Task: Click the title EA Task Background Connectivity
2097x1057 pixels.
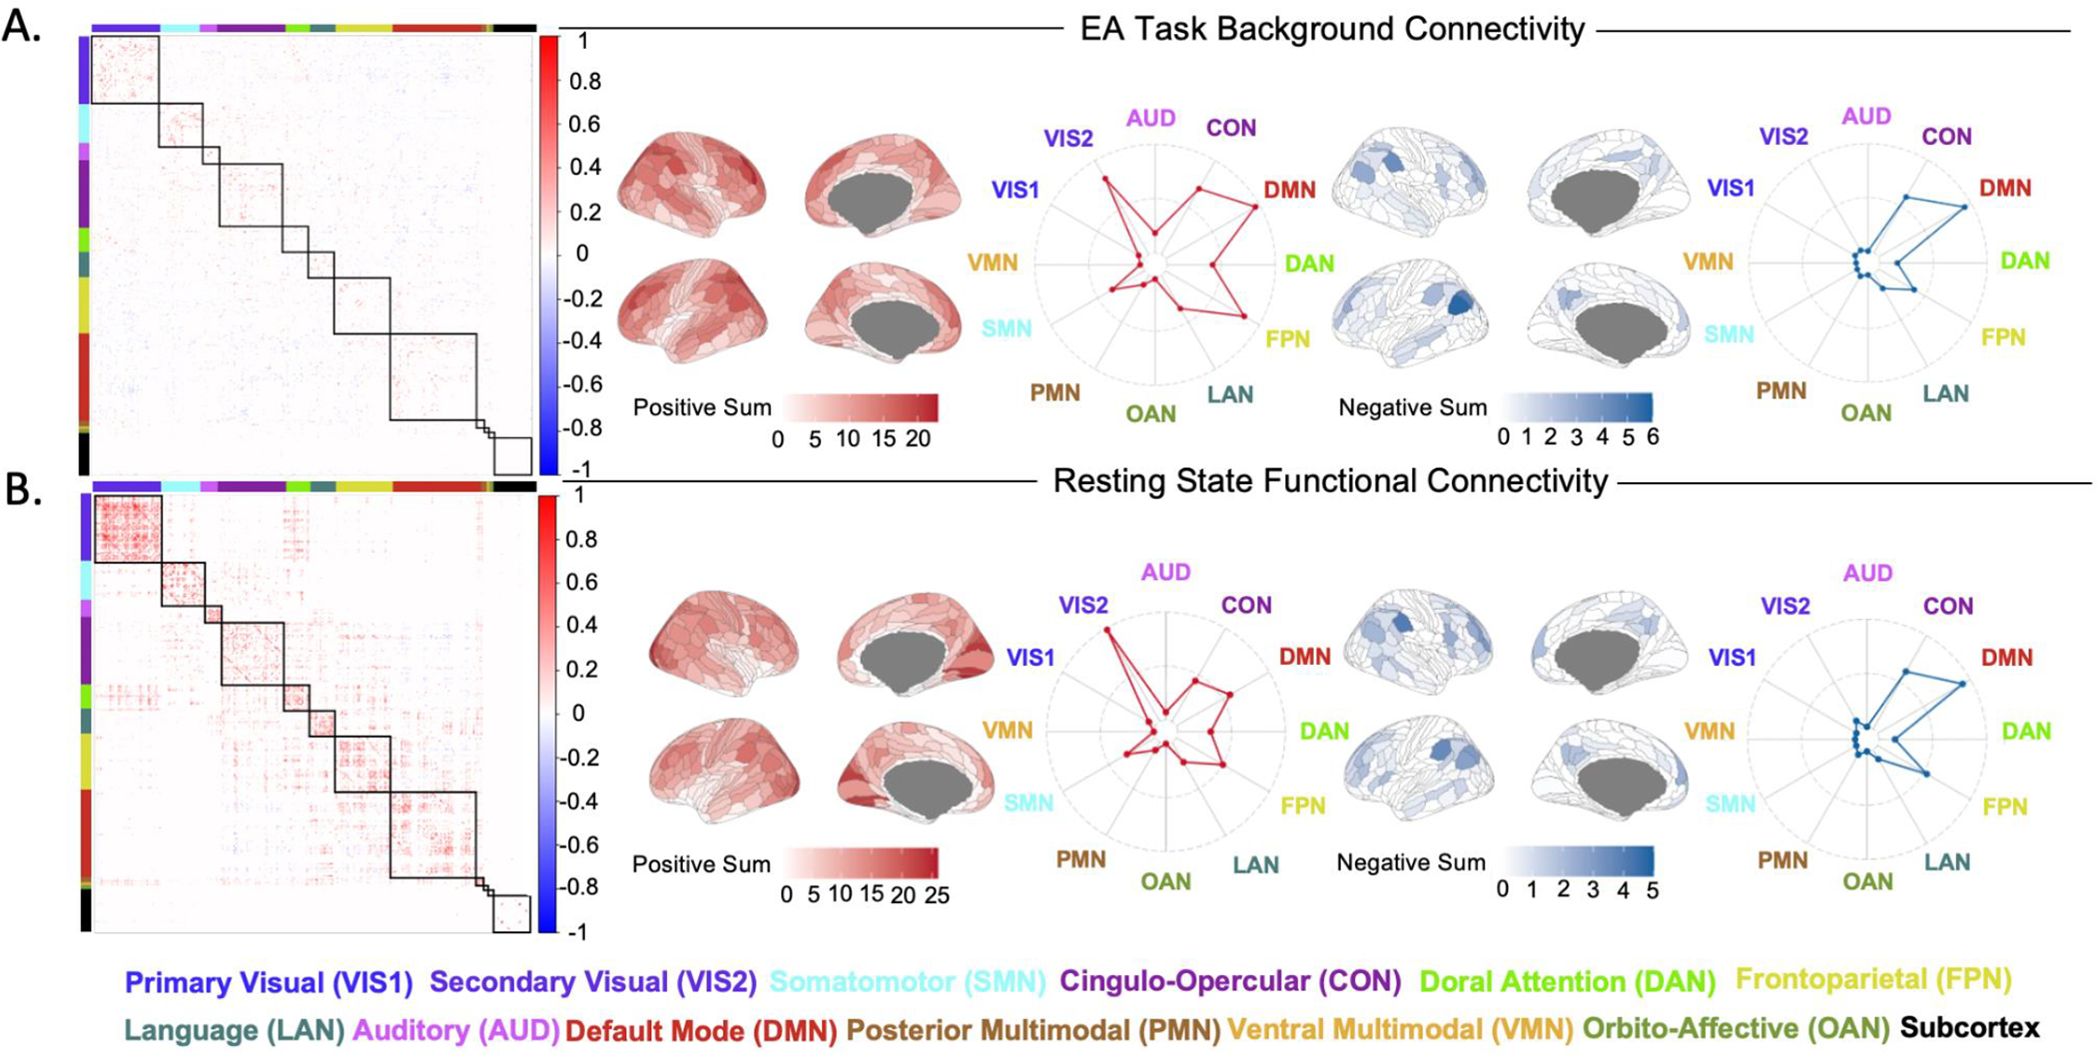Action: pyautogui.click(x=1332, y=29)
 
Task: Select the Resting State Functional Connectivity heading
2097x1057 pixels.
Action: pyautogui.click(x=1330, y=481)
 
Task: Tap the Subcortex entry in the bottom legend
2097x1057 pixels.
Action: pyautogui.click(x=1969, y=1028)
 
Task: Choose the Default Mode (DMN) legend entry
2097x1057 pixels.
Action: pyautogui.click(x=701, y=1031)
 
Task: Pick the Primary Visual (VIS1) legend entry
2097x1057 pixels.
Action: pyautogui.click(x=269, y=983)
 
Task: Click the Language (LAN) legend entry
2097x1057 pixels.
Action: pyautogui.click(x=234, y=1030)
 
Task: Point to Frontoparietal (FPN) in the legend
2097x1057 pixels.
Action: pyautogui.click(x=1874, y=980)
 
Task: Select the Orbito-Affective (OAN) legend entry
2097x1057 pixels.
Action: pyautogui.click(x=1736, y=1029)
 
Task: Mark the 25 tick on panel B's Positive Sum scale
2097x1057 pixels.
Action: pyautogui.click(x=937, y=895)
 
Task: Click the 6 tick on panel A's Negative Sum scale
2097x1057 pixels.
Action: pyautogui.click(x=1653, y=437)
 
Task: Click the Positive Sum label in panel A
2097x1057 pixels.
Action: pyautogui.click(x=702, y=408)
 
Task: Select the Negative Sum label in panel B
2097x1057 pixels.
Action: pyautogui.click(x=1411, y=862)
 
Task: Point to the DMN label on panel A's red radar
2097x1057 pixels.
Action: pyautogui.click(x=1289, y=190)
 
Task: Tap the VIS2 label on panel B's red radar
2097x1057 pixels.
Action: pyautogui.click(x=1082, y=605)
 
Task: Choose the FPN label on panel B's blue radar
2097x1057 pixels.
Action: pyautogui.click(x=2004, y=805)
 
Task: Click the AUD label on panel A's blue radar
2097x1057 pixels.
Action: pyautogui.click(x=1866, y=117)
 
